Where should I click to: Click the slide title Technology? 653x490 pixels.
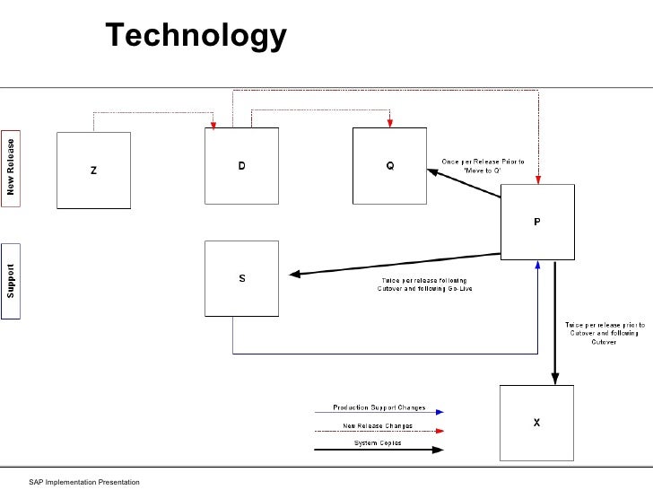click(x=196, y=36)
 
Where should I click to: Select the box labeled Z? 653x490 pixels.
click(x=93, y=170)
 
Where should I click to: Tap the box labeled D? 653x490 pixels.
click(x=241, y=166)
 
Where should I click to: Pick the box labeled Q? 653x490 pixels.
click(x=389, y=166)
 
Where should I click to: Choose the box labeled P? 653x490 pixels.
click(x=536, y=221)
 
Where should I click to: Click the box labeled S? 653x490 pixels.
click(x=241, y=278)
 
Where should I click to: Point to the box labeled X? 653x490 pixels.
click(x=536, y=422)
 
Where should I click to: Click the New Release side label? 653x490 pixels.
click(x=11, y=167)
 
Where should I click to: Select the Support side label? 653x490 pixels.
click(x=11, y=280)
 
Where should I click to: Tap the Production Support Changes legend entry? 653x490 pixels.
click(x=379, y=408)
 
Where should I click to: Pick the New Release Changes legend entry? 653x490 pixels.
click(x=379, y=425)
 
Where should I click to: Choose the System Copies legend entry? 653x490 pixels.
click(x=379, y=443)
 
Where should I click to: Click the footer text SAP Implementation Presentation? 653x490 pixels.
click(x=84, y=483)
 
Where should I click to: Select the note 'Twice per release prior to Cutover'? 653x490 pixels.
click(x=603, y=333)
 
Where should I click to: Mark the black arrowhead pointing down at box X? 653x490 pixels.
click(x=555, y=378)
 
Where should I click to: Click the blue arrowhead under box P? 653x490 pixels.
click(x=537, y=264)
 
